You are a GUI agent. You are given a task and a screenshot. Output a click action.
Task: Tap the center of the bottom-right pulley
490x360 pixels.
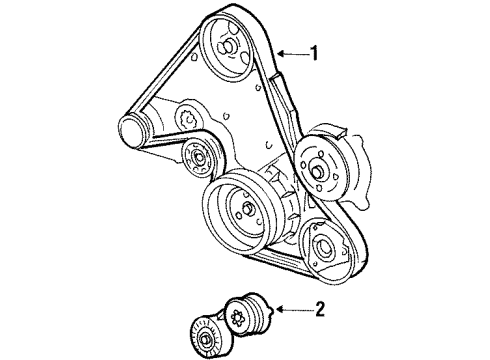click(324, 248)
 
